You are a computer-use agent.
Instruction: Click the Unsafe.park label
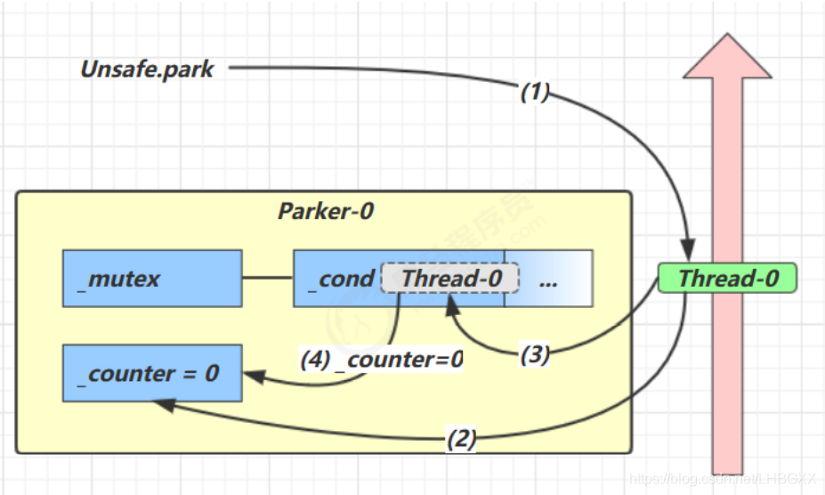[x=147, y=69]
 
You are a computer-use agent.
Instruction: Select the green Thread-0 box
[x=727, y=279]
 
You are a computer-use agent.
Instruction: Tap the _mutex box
[x=152, y=279]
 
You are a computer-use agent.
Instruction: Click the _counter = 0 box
[x=152, y=373]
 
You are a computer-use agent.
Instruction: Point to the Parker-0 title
[x=326, y=211]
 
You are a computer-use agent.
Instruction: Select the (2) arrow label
[x=461, y=438]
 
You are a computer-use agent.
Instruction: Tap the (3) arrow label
[x=534, y=354]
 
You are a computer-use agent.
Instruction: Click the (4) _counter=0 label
[x=381, y=360]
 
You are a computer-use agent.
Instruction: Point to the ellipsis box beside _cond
[x=548, y=279]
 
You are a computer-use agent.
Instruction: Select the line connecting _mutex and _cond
[x=268, y=279]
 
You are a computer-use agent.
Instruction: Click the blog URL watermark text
[x=723, y=479]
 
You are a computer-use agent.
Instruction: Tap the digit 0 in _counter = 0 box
[x=211, y=373]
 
